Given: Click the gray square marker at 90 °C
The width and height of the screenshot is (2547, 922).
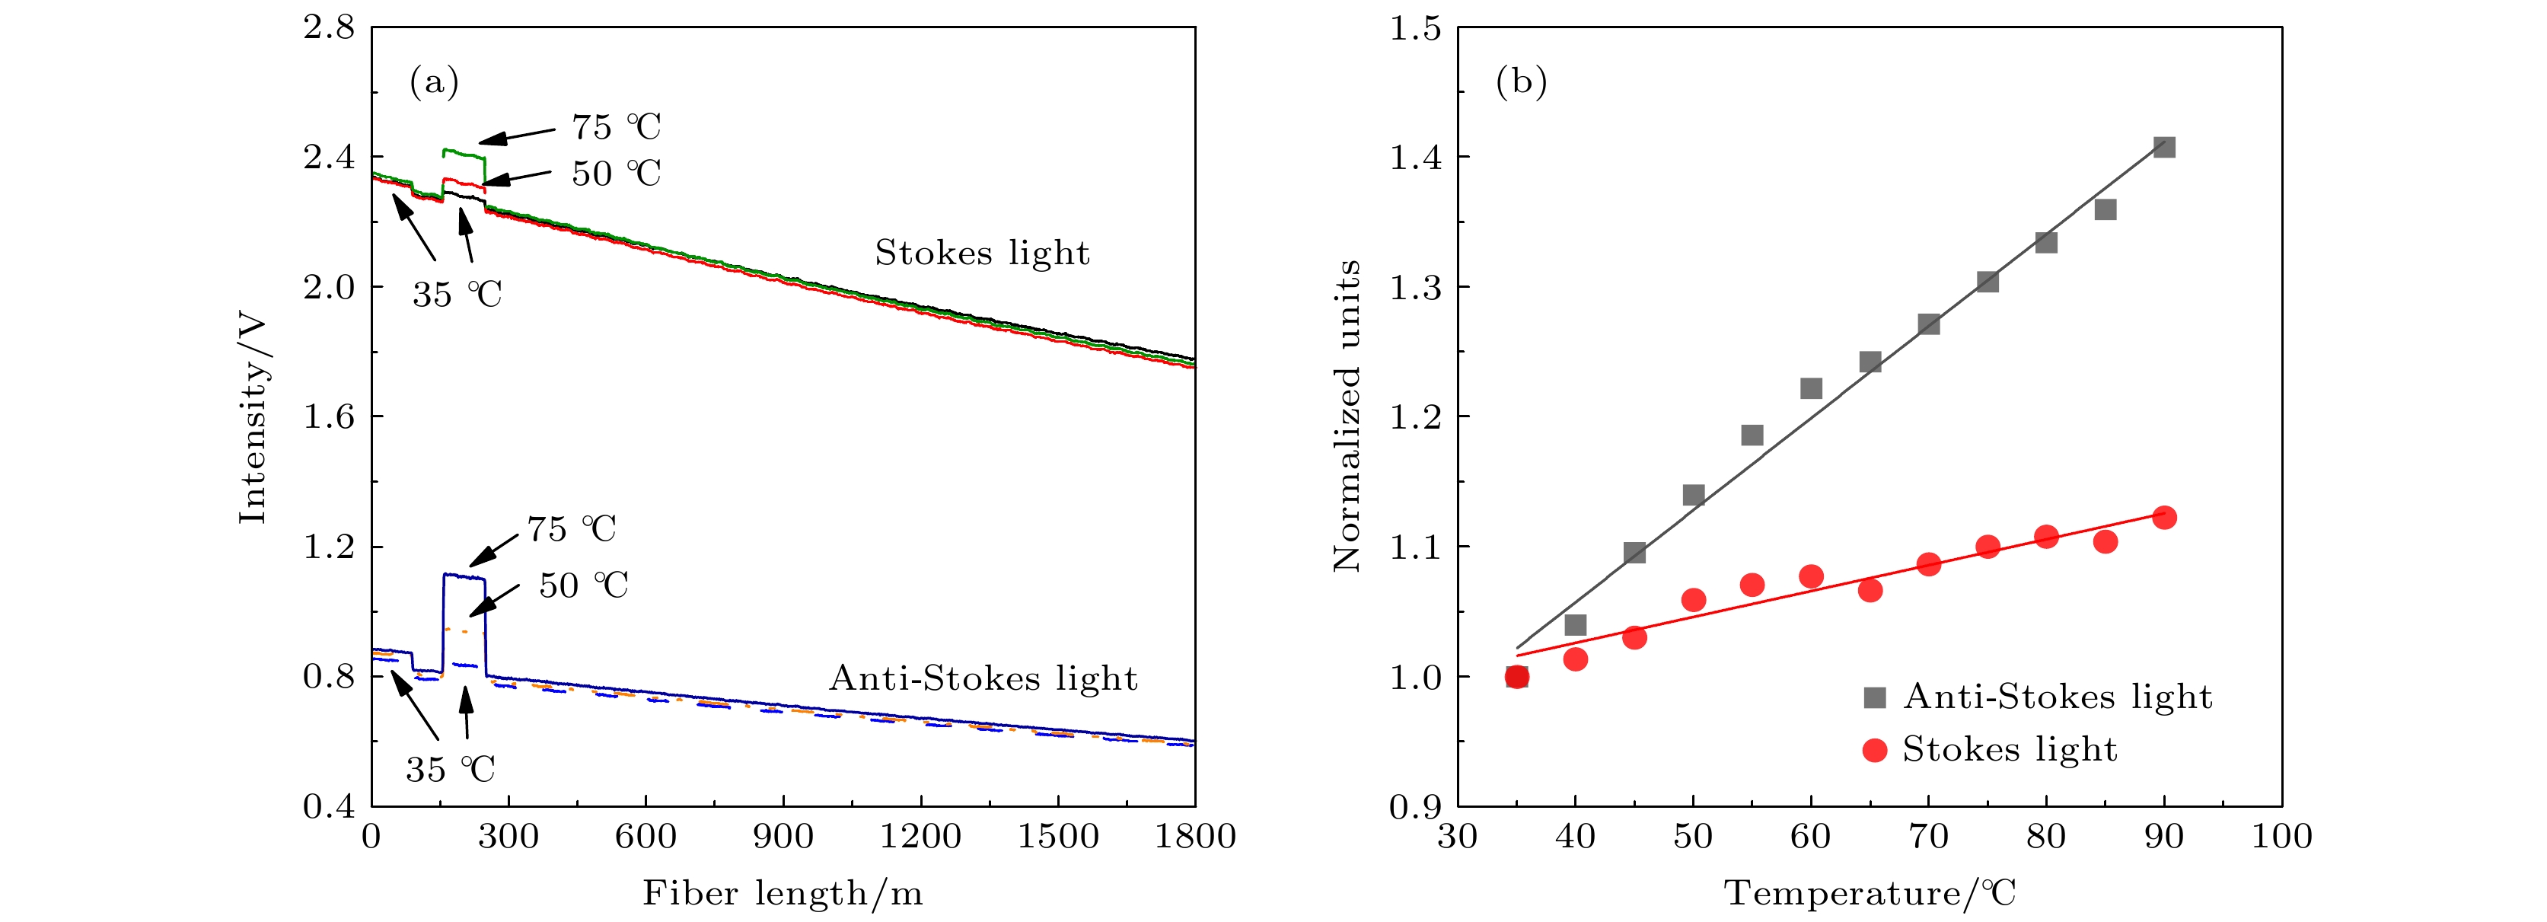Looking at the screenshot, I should pyautogui.click(x=2163, y=148).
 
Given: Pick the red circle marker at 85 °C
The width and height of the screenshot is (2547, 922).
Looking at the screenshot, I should pyautogui.click(x=2105, y=541).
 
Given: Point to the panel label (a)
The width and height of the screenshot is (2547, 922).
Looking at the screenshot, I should pyautogui.click(x=434, y=82).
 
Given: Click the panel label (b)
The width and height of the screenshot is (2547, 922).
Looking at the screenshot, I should pyautogui.click(x=1521, y=82).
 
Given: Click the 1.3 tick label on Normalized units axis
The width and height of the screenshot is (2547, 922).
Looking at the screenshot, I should pyautogui.click(x=1415, y=287).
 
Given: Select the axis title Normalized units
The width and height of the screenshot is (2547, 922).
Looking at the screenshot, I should pyautogui.click(x=1347, y=416).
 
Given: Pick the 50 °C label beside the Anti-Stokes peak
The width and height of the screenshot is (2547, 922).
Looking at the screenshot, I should pyautogui.click(x=583, y=585).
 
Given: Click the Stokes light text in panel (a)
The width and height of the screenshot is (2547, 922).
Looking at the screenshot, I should pyautogui.click(x=982, y=254).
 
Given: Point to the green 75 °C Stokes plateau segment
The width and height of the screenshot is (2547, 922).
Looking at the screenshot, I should pyautogui.click(x=463, y=153).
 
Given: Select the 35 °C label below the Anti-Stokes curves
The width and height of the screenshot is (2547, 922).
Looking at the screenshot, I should pyautogui.click(x=450, y=769).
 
